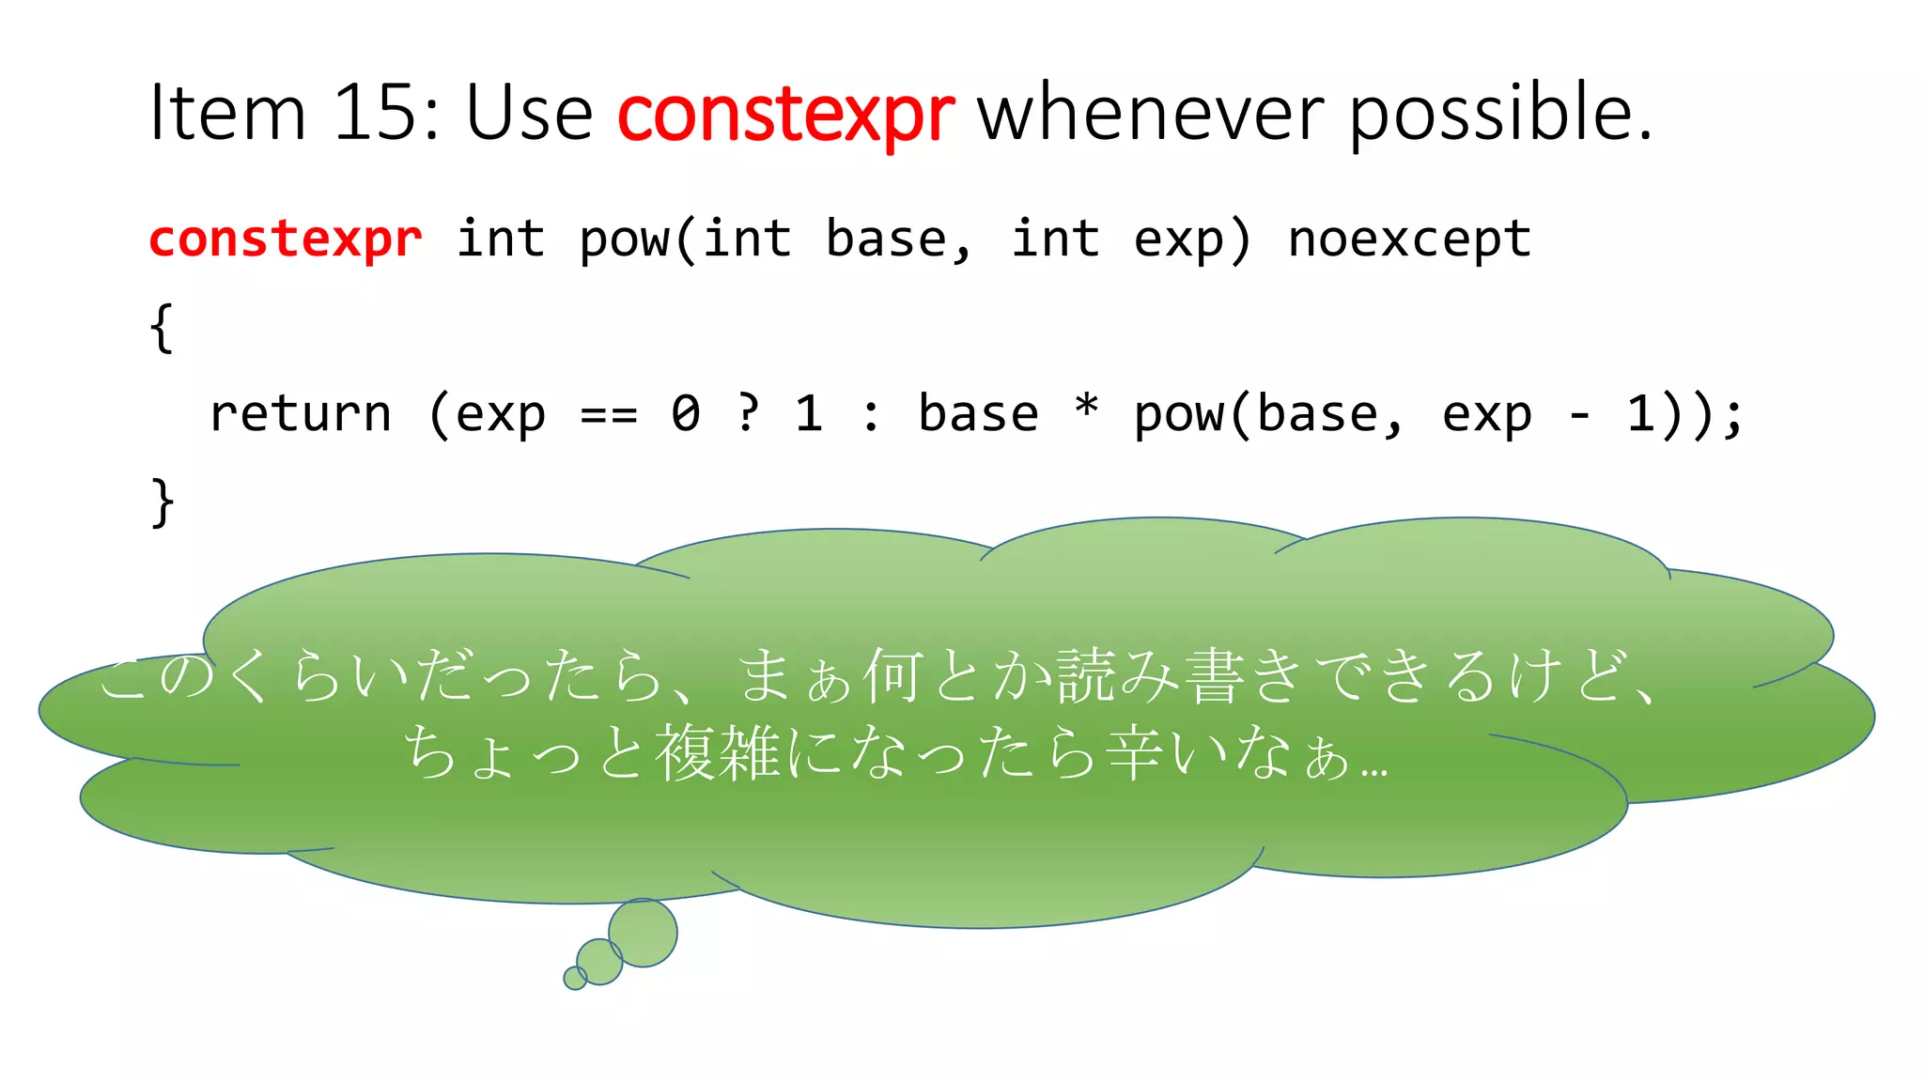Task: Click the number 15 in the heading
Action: [x=375, y=113]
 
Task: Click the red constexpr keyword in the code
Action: [x=286, y=240]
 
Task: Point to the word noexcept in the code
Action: [x=1409, y=240]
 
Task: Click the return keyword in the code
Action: [x=300, y=414]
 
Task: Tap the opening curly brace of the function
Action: [x=162, y=328]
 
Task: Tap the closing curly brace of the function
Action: [x=162, y=502]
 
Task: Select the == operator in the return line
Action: [x=609, y=414]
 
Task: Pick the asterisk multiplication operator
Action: [x=1086, y=410]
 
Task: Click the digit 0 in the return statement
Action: [x=686, y=414]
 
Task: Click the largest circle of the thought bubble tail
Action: [x=643, y=933]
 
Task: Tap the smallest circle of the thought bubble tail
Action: [x=574, y=978]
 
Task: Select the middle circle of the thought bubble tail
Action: [x=599, y=961]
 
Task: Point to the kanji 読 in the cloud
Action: [x=1086, y=675]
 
